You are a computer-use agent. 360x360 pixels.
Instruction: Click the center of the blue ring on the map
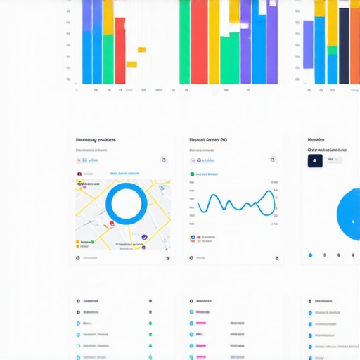(127, 205)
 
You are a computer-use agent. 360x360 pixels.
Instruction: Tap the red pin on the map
(111, 224)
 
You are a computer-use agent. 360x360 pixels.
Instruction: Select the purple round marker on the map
(144, 238)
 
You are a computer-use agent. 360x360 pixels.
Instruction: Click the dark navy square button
(315, 160)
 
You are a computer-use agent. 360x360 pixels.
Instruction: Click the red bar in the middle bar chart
(199, 42)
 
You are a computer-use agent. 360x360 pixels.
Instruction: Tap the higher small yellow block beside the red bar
(141, 49)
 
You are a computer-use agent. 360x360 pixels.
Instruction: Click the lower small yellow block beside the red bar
(131, 64)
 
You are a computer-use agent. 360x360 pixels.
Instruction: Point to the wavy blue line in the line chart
(236, 202)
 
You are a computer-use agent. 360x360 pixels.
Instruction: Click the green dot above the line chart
(192, 174)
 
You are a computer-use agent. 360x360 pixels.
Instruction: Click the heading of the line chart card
(208, 140)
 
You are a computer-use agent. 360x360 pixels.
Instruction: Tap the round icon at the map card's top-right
(164, 160)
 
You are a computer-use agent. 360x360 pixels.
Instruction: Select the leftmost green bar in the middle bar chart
(184, 42)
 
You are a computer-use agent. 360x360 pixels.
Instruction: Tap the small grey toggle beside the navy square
(335, 160)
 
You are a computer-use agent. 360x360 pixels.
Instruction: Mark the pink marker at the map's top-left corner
(83, 186)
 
